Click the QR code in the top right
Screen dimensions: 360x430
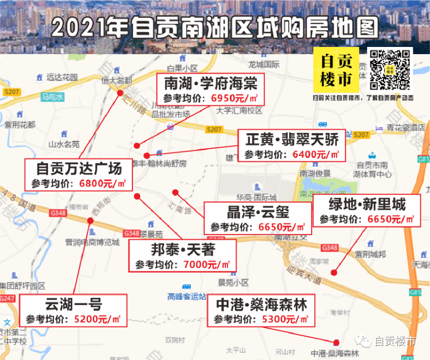tap(390, 70)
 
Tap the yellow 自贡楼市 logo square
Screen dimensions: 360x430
tap(336, 70)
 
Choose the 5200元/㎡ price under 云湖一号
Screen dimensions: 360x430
tap(97, 319)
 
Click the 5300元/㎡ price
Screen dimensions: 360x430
tap(285, 319)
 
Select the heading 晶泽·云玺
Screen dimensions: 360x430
tap(258, 212)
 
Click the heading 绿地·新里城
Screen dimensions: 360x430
tap(367, 204)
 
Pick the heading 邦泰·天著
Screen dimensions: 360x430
tap(183, 250)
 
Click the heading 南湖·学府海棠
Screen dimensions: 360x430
tap(211, 84)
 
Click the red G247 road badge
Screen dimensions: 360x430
tap(7, 298)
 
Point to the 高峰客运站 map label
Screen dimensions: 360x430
tap(186, 296)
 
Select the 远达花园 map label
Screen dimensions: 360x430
tap(62, 77)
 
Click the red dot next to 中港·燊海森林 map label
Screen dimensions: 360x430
tap(336, 342)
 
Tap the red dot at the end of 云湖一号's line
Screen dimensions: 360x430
tap(90, 221)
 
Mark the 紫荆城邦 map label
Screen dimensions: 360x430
tap(370, 254)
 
